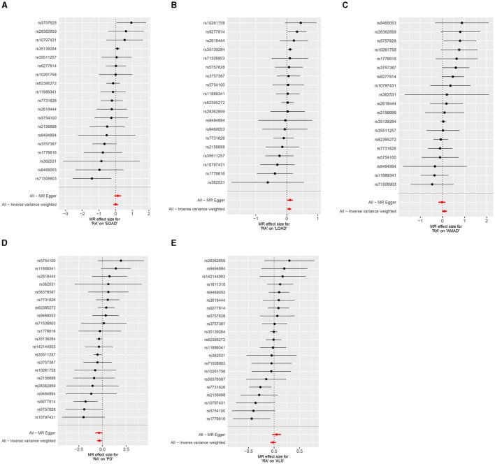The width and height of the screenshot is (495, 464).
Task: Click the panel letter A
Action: coord(4,6)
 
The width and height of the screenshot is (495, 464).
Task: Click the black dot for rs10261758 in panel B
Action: coord(301,23)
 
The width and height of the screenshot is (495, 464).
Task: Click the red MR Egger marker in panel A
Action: coord(117,196)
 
